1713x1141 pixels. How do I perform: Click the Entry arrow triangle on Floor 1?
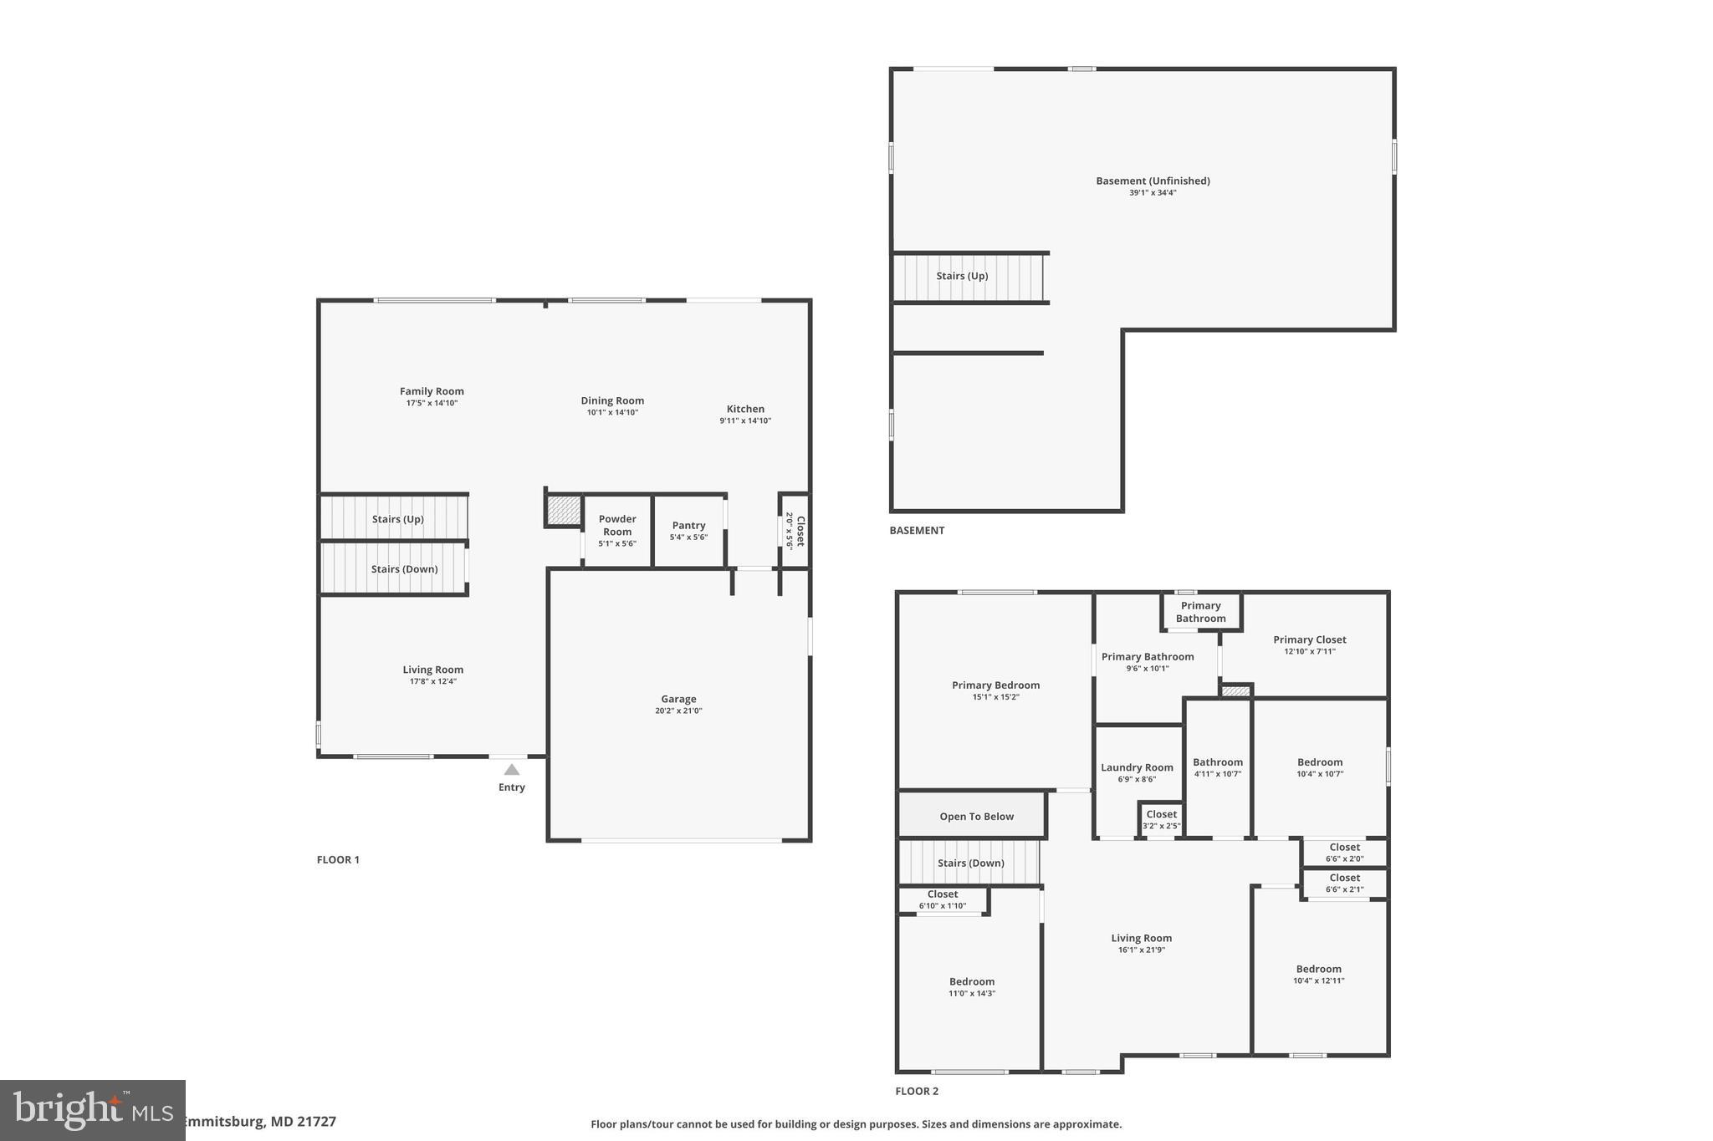point(511,770)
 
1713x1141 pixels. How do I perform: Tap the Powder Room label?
point(617,525)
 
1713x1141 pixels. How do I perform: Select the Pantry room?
point(688,531)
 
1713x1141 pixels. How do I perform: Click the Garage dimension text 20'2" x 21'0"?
point(678,711)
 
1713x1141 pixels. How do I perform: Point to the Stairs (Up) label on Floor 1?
point(397,519)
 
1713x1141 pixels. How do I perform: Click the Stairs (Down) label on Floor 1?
point(404,569)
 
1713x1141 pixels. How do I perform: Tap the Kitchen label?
point(744,409)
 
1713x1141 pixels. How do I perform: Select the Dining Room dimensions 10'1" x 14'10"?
point(612,412)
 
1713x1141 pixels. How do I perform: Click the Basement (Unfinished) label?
point(1153,181)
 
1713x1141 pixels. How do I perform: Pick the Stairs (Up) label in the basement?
point(962,276)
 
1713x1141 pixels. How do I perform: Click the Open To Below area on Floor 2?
point(975,816)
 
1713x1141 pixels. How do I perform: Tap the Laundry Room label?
point(1137,767)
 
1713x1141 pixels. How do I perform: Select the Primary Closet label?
point(1309,639)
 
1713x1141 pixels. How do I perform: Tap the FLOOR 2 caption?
point(917,1091)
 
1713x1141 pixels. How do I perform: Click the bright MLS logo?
point(92,1110)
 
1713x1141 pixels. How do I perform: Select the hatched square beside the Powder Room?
point(563,510)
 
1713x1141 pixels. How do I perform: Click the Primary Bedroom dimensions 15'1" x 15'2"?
point(995,697)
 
